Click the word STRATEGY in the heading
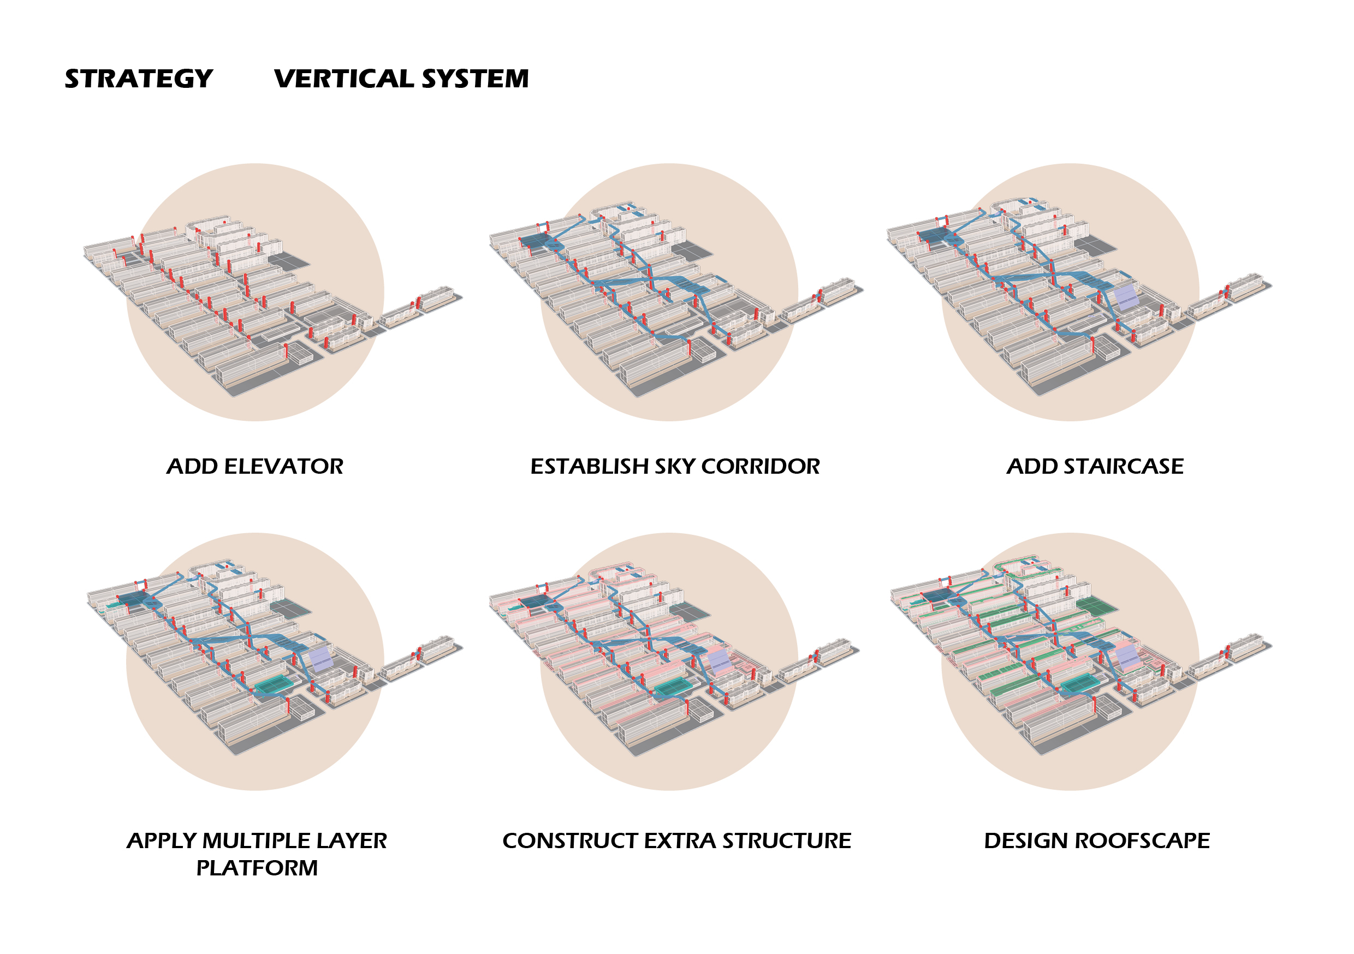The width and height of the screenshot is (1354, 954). coord(139,79)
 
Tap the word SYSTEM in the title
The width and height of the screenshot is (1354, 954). coord(476,79)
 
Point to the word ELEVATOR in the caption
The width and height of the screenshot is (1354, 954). coord(284,467)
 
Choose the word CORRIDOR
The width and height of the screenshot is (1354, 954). coord(761,467)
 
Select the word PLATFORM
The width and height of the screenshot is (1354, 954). coord(257,868)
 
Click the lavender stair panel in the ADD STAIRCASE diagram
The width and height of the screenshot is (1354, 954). coord(1126,297)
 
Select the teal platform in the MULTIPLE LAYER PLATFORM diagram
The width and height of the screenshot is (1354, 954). coord(274,685)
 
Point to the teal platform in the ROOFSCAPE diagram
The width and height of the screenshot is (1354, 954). coord(1081,684)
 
